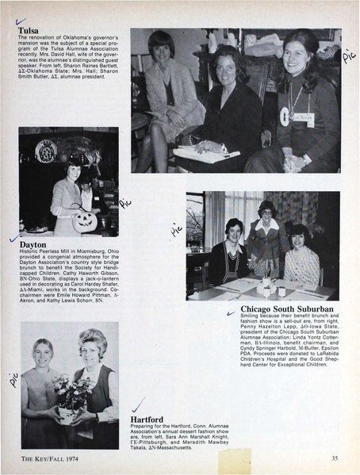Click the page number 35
tap(335, 458)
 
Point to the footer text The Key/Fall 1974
tap(50, 458)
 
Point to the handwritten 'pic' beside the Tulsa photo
tap(348, 56)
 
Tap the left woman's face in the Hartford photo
tap(44, 351)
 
